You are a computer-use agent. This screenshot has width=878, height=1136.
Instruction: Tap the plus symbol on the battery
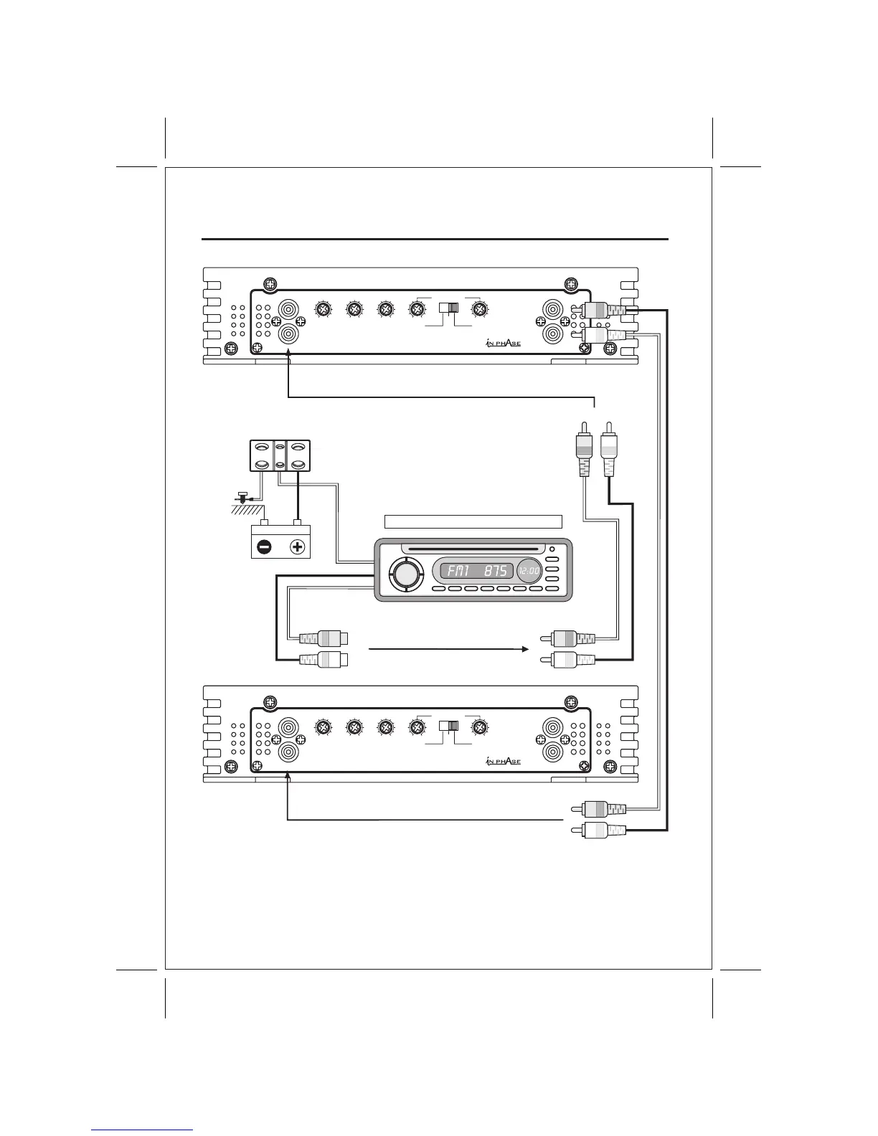coord(297,547)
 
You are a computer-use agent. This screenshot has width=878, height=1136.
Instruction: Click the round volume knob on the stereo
coord(404,574)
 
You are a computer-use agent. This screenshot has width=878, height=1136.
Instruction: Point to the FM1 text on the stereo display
coord(455,572)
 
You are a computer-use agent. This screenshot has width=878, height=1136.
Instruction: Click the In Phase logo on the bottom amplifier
coord(502,762)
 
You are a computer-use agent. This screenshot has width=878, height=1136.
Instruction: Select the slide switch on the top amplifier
coord(448,309)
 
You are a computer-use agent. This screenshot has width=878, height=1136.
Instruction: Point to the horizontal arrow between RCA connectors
coord(448,649)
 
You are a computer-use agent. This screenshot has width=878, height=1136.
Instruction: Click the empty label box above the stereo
coord(473,521)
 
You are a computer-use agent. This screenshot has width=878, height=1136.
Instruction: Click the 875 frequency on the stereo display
coord(495,572)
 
